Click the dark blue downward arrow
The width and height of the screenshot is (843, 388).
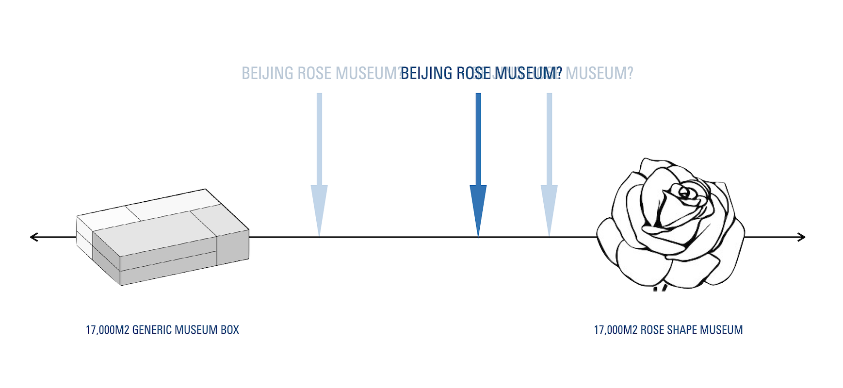pos(478,165)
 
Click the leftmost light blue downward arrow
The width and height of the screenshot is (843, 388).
pos(319,165)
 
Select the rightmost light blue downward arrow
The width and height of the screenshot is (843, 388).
pos(549,165)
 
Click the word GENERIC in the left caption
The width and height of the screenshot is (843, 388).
pos(152,330)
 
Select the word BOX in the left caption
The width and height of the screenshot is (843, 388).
pos(230,330)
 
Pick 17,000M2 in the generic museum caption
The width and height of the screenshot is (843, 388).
pos(107,330)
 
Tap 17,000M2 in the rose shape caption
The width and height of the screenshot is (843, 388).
pos(616,330)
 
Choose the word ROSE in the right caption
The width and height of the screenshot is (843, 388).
pos(652,330)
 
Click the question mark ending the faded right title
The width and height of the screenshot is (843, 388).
pos(630,73)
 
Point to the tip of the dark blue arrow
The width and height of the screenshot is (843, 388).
pos(478,235)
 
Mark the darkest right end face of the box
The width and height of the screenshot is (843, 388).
pos(233,247)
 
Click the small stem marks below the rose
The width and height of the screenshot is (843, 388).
pos(660,288)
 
